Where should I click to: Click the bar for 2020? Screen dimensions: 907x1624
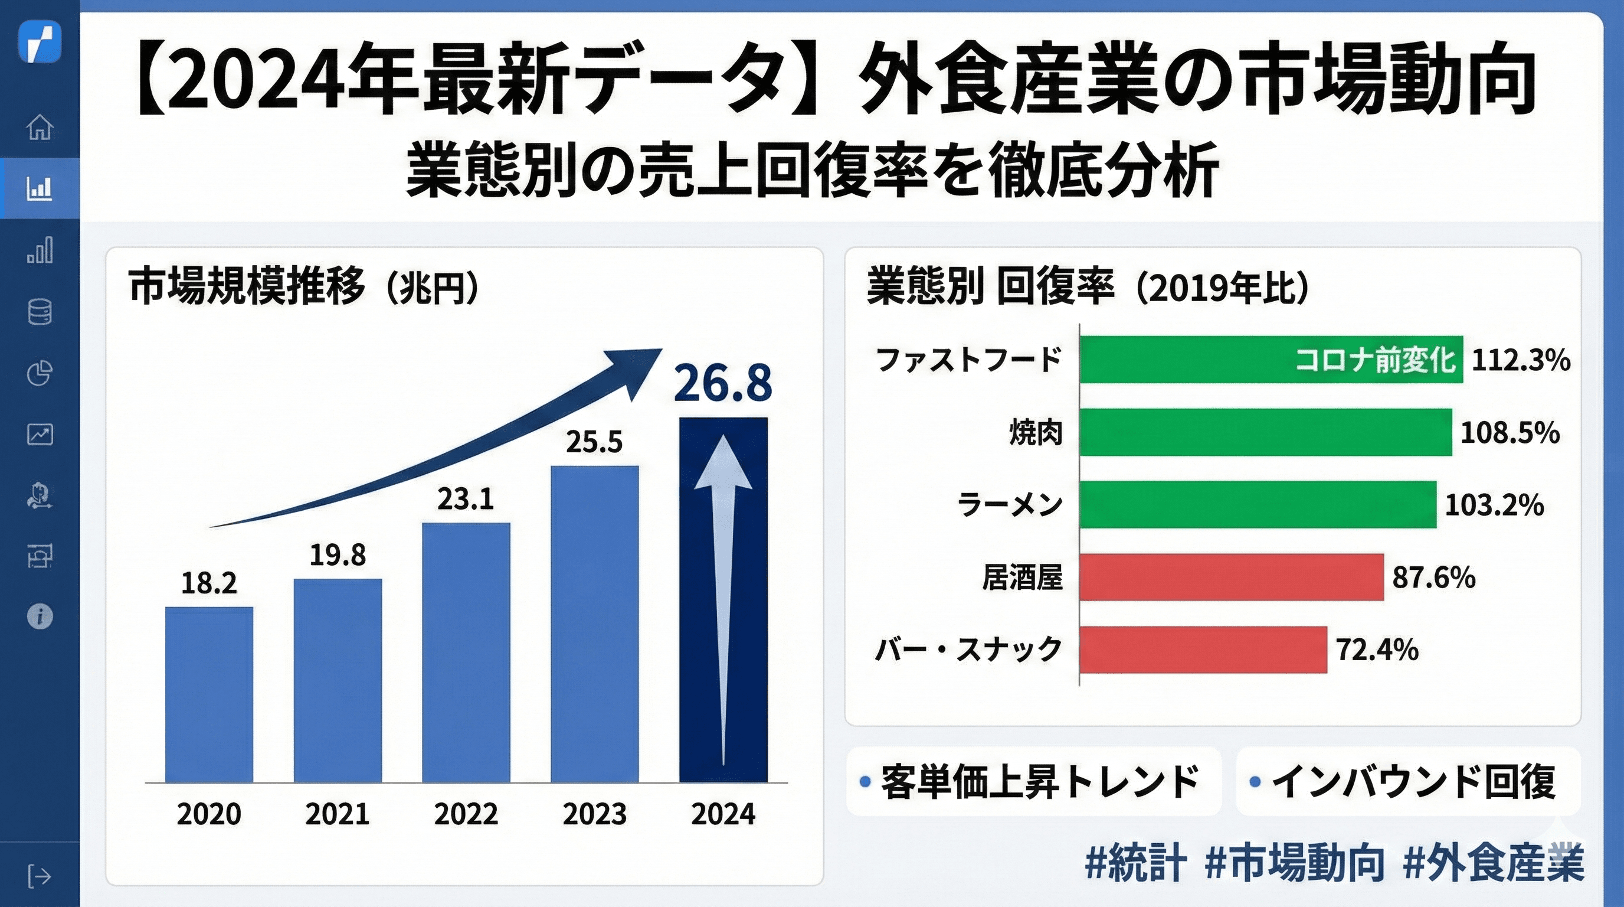pyautogui.click(x=209, y=694)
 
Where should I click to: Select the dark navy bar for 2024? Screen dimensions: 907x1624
pyautogui.click(x=723, y=599)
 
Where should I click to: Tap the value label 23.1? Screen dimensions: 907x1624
pyautogui.click(x=465, y=500)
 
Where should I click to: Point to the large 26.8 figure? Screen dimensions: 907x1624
pyautogui.click(x=722, y=383)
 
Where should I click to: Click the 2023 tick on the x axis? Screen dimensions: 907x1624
pyautogui.click(x=594, y=814)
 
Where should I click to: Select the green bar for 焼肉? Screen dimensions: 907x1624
pyautogui.click(x=1265, y=432)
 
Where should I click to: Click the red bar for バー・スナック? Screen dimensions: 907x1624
pyautogui.click(x=1202, y=650)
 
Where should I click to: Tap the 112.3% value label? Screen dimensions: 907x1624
pyautogui.click(x=1520, y=360)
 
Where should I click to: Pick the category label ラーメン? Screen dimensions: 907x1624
pyautogui.click(x=1009, y=505)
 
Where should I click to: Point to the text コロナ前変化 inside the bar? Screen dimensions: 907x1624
pyautogui.click(x=1374, y=360)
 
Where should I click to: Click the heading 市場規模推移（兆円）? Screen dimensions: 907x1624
pyautogui.click(x=303, y=287)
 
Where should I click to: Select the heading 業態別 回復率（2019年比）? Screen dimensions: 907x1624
pyautogui.click(x=1088, y=287)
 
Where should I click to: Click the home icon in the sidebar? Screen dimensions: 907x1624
pyautogui.click(x=40, y=127)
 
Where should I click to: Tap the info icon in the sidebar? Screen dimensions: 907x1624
pyautogui.click(x=40, y=616)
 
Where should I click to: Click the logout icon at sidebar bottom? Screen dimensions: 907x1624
pyautogui.click(x=40, y=876)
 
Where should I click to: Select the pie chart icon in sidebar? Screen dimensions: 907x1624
pyautogui.click(x=40, y=373)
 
